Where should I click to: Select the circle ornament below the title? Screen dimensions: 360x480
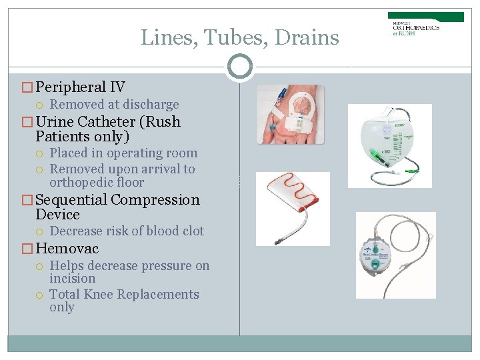tap(239, 67)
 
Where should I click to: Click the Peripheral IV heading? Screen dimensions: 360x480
tap(80, 87)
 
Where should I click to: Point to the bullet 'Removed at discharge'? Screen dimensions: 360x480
tap(114, 105)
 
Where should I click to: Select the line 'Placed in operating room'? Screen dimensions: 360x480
tap(123, 153)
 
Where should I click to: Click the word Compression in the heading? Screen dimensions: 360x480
tap(155, 200)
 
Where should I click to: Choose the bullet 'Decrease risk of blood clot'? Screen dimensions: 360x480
tap(127, 231)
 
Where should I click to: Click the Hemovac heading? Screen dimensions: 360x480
tap(67, 249)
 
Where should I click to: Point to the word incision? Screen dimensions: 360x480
tap(72, 278)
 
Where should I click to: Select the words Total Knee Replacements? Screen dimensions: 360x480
tap(124, 294)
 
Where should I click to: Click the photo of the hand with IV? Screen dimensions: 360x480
tap(291, 114)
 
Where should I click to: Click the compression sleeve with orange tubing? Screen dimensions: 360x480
tap(292, 208)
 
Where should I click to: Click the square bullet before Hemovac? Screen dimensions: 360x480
tap(27, 249)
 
